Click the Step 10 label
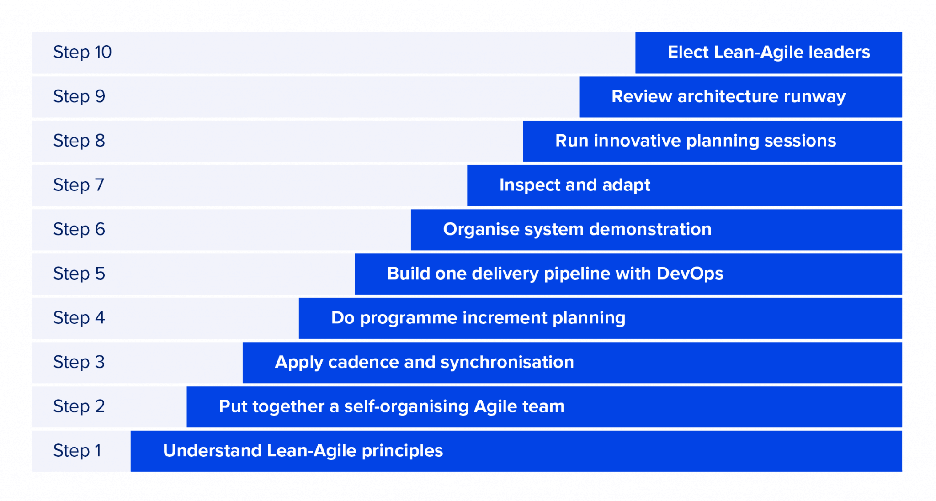82,52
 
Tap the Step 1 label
77,451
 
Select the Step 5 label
79,274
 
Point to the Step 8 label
79,141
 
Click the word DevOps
690,274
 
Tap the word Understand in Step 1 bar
212,451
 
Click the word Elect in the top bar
688,52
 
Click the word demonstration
650,229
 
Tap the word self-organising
406,406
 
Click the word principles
402,451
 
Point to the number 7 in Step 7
100,185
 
